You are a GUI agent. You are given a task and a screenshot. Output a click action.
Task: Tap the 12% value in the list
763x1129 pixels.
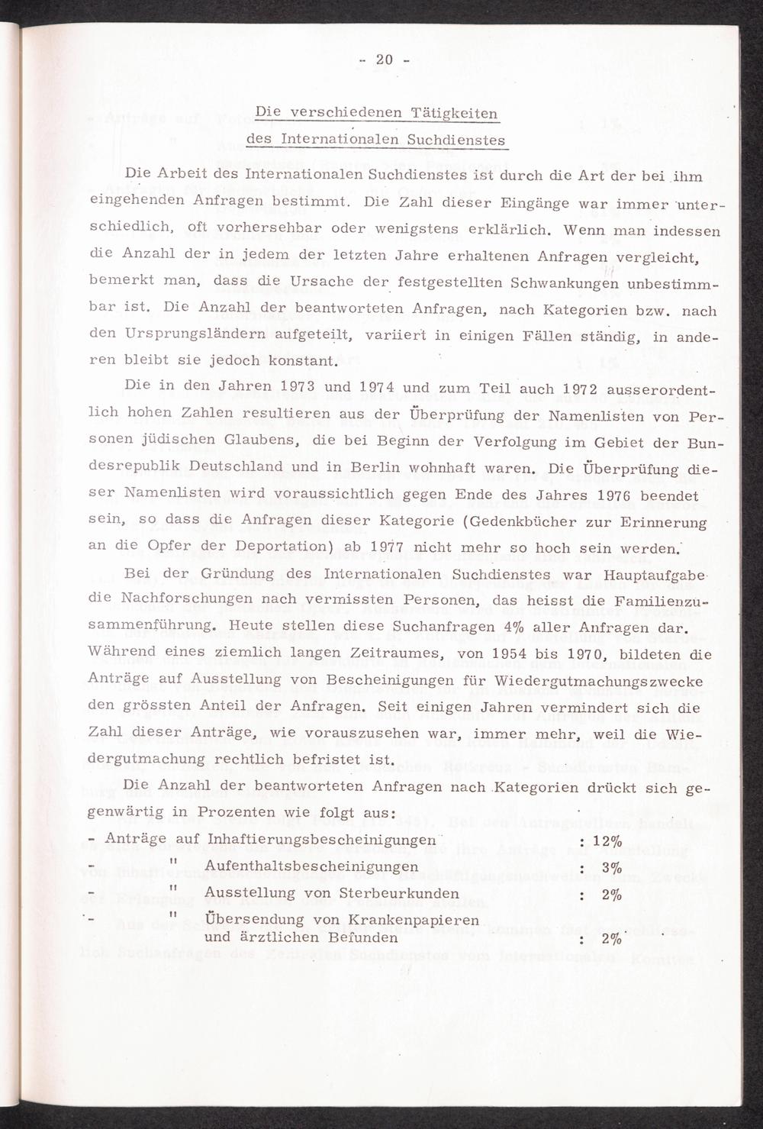[607, 840]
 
